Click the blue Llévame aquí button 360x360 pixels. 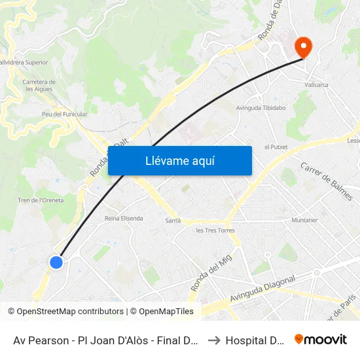180,160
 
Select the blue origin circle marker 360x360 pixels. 56,262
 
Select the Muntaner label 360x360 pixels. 304,221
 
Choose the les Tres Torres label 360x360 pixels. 215,230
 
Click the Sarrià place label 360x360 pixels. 173,221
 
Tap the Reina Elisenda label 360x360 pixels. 124,218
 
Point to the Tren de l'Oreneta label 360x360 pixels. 40,200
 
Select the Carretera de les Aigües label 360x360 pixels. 39,86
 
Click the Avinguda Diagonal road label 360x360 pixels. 262,289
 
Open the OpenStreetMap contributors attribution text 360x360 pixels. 65,312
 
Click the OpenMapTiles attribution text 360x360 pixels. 164,312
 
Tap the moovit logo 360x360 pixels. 321,340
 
